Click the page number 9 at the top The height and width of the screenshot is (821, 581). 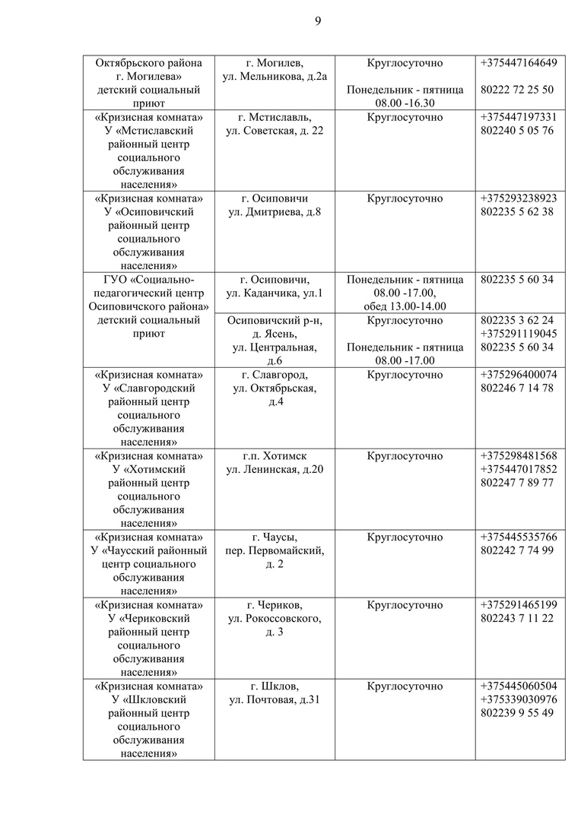point(318,21)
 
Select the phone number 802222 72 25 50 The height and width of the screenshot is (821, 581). point(517,90)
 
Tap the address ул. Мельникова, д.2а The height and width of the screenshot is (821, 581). point(275,76)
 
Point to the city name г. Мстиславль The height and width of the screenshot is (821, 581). point(275,117)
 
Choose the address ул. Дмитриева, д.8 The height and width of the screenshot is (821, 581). point(275,212)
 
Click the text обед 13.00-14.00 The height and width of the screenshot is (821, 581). point(405,306)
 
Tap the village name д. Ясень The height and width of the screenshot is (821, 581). point(275,334)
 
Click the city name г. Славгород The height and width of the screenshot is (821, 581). point(275,375)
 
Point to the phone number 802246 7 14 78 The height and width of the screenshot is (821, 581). point(517,388)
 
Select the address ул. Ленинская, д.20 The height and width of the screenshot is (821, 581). point(275,470)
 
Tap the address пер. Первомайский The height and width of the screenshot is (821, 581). point(275,551)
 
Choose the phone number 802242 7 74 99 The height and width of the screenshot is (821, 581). point(517,551)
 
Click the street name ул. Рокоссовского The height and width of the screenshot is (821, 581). point(275,619)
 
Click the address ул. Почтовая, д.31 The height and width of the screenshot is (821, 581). point(275,700)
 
